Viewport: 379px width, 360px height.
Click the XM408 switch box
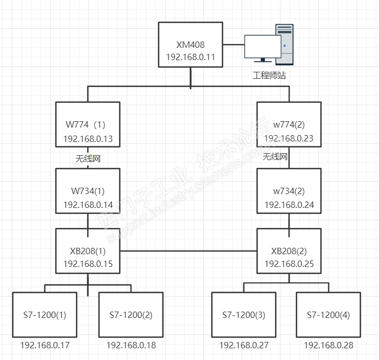(190, 45)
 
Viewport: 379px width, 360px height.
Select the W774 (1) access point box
(88, 124)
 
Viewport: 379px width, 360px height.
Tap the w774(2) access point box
(289, 124)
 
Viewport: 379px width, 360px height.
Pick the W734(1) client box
(88, 191)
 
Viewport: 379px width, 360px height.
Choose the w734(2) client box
(289, 191)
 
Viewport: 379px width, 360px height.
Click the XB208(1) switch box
(88, 250)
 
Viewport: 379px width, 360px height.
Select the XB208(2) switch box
(289, 250)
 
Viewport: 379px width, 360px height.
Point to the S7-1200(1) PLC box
(45, 314)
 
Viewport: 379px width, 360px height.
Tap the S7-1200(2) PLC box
(131, 314)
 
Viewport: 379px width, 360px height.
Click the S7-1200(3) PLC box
(243, 314)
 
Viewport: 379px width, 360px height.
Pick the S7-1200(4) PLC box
(328, 314)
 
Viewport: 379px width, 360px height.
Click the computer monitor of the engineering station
(262, 47)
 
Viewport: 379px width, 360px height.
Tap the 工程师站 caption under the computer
(269, 76)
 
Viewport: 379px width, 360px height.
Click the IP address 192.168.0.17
(45, 345)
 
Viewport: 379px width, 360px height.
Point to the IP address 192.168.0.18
(131, 345)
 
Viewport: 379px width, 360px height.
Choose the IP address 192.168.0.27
(244, 345)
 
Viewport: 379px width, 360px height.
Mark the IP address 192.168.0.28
(328, 345)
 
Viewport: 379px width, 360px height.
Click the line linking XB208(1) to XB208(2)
(188, 250)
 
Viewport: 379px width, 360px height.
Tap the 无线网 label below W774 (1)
(88, 158)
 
